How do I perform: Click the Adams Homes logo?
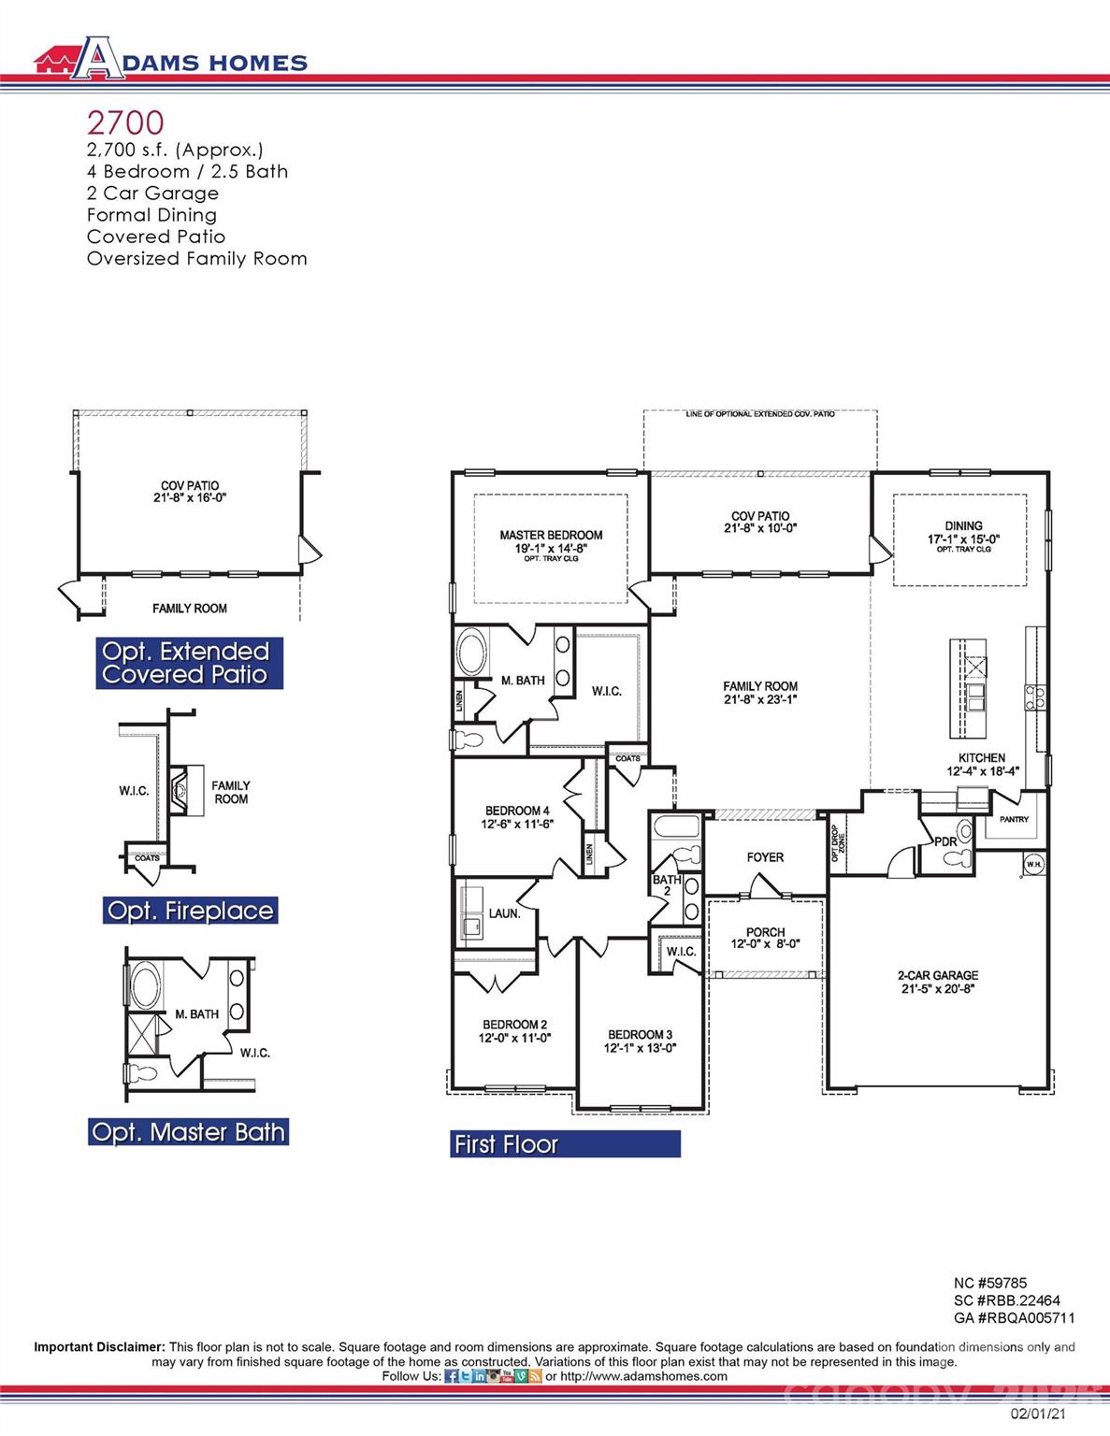point(170,60)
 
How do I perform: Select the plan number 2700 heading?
point(125,122)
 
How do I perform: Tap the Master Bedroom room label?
point(551,536)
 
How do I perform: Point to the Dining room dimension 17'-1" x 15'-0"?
point(963,538)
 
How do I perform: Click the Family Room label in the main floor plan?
point(760,686)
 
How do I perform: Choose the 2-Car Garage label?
point(938,975)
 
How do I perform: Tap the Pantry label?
point(1014,819)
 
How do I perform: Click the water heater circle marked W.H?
point(1033,865)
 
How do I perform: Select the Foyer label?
point(765,857)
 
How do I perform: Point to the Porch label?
point(765,932)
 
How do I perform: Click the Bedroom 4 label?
point(517,811)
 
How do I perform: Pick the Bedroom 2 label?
point(514,1025)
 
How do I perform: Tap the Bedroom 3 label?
point(640,1035)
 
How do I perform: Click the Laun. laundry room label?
point(504,913)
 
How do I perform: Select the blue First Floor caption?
point(565,1144)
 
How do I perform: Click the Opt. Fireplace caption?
point(190,911)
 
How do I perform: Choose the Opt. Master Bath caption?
point(188,1132)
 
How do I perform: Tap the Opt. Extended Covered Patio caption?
point(189,663)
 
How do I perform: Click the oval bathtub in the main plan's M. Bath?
point(472,653)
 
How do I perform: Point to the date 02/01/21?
point(1037,1414)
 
